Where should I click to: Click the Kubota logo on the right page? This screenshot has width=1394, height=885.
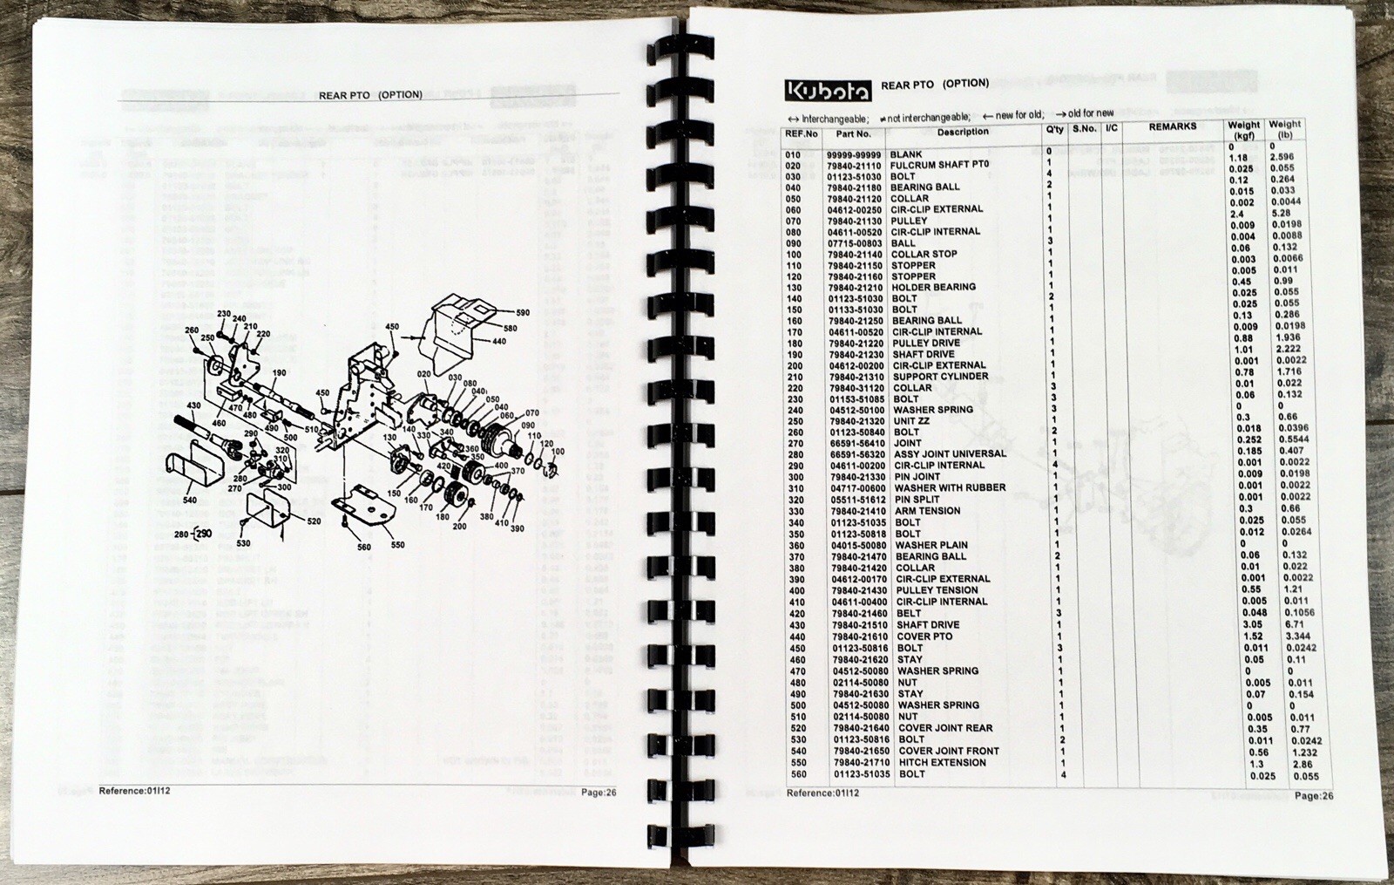[x=827, y=91]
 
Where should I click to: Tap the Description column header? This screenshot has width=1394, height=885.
[x=963, y=132]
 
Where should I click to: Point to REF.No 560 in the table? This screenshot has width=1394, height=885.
[x=793, y=774]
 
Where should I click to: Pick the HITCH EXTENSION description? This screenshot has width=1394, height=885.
[x=942, y=763]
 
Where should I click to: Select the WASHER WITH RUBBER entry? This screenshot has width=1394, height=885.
[x=950, y=487]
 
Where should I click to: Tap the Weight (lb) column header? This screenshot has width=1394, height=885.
[x=1284, y=130]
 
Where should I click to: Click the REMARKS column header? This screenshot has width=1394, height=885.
[x=1173, y=127]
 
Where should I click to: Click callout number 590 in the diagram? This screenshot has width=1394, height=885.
[x=523, y=312]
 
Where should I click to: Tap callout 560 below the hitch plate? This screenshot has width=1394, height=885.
[x=364, y=548]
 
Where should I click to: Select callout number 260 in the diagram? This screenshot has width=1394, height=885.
[x=193, y=330]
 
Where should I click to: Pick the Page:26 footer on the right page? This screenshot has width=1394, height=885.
[x=1313, y=795]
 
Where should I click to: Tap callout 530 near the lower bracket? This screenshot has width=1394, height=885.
[x=243, y=544]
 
